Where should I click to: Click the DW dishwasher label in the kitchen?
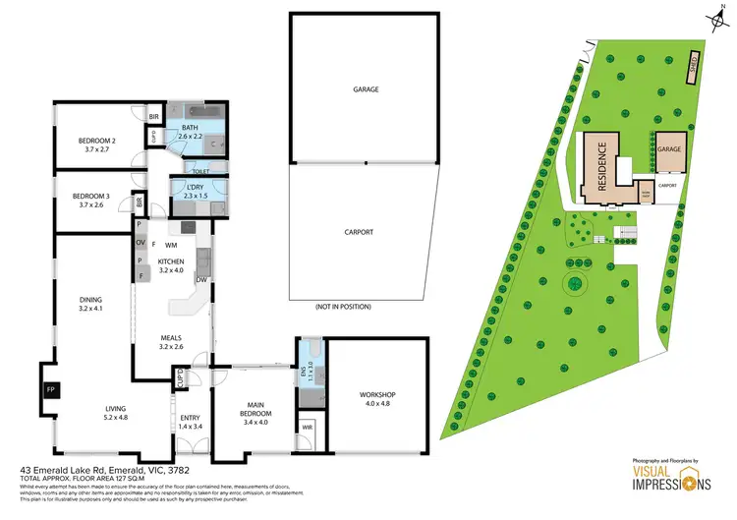pyautogui.click(x=200, y=280)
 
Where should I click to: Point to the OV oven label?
pyautogui.click(x=141, y=243)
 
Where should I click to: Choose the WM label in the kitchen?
pyautogui.click(x=171, y=244)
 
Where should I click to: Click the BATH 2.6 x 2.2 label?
pyautogui.click(x=190, y=131)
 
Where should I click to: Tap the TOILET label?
pyautogui.click(x=200, y=171)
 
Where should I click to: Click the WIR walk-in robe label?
pyautogui.click(x=307, y=427)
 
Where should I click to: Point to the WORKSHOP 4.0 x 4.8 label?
pyautogui.click(x=377, y=399)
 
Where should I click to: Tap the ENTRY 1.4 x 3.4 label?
pyautogui.click(x=191, y=422)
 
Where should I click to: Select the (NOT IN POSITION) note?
pyautogui.click(x=343, y=307)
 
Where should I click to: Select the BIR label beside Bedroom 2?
pyautogui.click(x=153, y=117)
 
